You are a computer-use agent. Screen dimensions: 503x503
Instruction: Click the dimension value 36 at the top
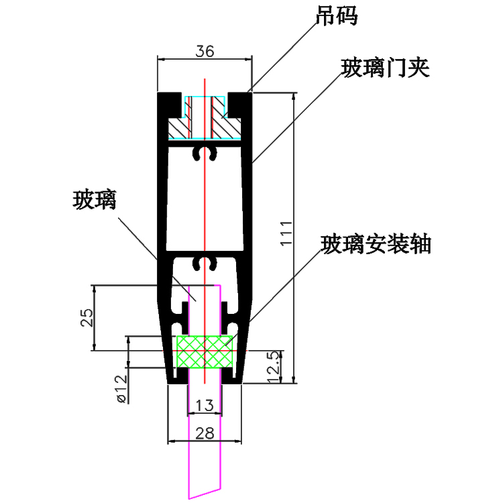pos(205,51)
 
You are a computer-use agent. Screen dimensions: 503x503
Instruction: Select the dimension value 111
pos(284,233)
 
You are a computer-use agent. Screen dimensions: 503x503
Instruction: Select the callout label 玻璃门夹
pos(385,68)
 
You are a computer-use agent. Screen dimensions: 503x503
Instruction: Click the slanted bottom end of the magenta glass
pos(204,490)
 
